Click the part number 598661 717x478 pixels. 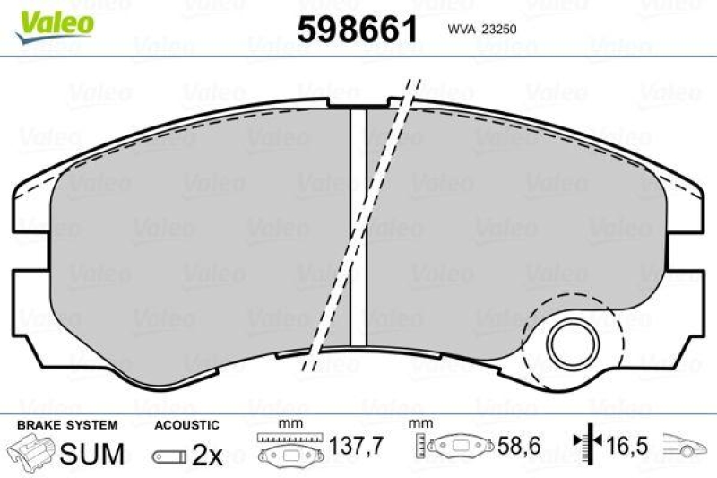tap(358, 29)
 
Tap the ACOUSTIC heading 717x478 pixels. tap(186, 424)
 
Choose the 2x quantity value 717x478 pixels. tap(207, 455)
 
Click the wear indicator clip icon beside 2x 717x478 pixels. tap(169, 456)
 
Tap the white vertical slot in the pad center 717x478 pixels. tap(358, 224)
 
